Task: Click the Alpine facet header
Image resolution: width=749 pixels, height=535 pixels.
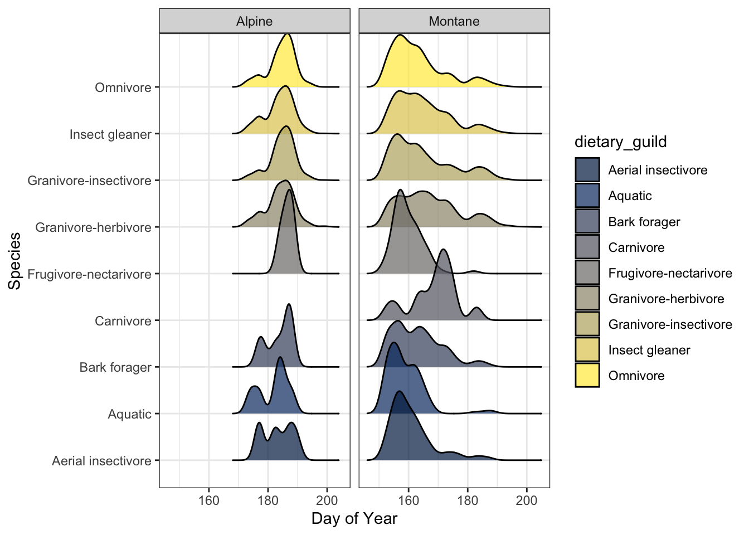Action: (254, 21)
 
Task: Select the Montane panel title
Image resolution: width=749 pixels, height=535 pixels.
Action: (454, 21)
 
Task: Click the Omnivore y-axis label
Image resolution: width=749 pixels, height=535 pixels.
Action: (123, 87)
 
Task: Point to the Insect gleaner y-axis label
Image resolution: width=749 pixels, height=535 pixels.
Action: (110, 134)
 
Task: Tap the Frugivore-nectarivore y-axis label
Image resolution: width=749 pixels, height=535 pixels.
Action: (89, 274)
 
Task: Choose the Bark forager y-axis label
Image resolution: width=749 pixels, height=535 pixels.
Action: (115, 367)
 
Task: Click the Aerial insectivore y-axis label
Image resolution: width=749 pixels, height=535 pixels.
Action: (101, 461)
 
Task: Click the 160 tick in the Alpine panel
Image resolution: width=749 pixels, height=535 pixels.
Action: (209, 500)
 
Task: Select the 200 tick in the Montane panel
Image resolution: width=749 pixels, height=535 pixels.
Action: (527, 500)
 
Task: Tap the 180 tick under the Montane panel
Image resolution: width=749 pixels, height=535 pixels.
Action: (468, 500)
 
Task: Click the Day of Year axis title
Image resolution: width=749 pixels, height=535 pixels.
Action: (354, 519)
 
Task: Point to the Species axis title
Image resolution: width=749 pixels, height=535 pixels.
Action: (14, 261)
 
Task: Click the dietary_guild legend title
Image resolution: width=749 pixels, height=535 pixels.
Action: (620, 142)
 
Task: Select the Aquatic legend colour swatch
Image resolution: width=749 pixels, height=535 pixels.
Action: (587, 196)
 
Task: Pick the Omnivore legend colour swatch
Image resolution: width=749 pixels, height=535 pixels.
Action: (587, 376)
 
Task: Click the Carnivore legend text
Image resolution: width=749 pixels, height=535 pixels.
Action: (636, 247)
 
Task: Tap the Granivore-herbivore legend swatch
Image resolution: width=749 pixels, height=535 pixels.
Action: (587, 299)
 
